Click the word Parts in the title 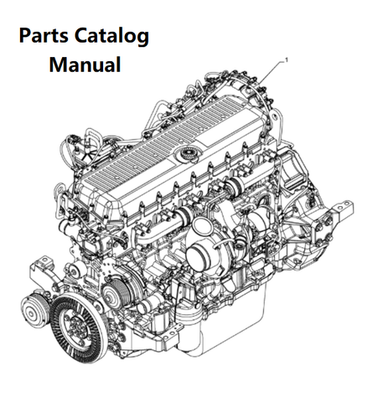click(x=44, y=36)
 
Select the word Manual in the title click(x=85, y=64)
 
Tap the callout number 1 click(x=286, y=59)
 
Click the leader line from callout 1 click(x=270, y=72)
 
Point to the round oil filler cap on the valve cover click(x=187, y=154)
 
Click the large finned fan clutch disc click(x=78, y=326)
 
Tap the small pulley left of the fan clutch click(x=32, y=311)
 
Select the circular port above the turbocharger click(x=200, y=226)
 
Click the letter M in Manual click(x=58, y=64)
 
